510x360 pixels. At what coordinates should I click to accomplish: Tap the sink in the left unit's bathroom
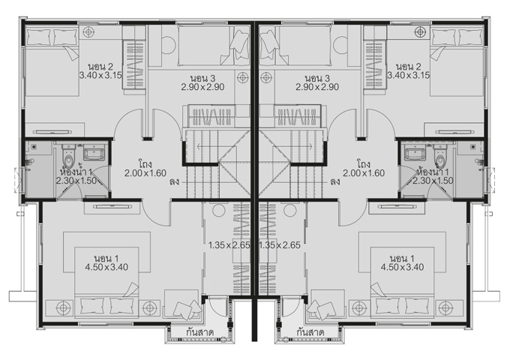coord(94,152)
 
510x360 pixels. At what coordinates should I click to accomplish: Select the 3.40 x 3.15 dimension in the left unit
coord(100,76)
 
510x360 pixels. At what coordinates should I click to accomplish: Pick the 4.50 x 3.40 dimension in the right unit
coord(402,267)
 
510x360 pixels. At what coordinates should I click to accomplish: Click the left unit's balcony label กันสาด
coord(199,333)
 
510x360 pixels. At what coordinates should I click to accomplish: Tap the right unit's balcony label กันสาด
coord(310,333)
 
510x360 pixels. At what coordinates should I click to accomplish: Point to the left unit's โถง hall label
coord(145,163)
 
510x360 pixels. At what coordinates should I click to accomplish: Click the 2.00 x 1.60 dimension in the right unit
coord(364,173)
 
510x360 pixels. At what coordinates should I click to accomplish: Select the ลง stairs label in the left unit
coord(174,181)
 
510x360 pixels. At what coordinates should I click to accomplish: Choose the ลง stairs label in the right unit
coord(335,181)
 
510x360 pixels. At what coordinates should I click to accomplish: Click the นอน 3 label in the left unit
coord(202,78)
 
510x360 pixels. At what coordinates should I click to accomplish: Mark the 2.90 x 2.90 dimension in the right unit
coord(317,87)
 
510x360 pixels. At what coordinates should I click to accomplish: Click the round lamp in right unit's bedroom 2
coord(420,31)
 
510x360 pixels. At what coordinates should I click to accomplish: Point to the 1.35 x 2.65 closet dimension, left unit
coord(229,245)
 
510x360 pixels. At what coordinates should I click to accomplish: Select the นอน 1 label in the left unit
coord(106,259)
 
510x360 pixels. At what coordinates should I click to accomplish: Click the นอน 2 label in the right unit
coord(409,67)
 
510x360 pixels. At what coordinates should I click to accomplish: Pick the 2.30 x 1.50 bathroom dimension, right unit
coord(433,181)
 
